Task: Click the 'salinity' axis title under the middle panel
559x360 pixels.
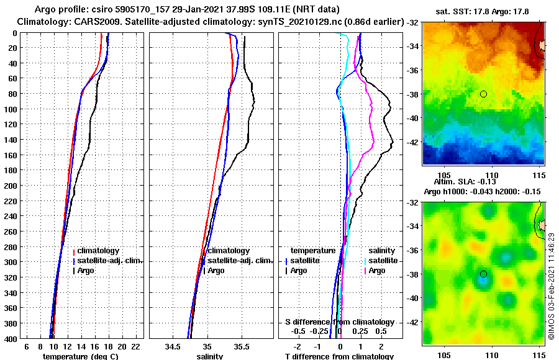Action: pyautogui.click(x=209, y=356)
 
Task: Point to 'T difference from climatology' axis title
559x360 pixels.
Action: pyautogui.click(x=339, y=356)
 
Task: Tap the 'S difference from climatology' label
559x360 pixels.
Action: pyautogui.click(x=339, y=322)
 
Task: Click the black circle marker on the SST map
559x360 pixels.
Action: pyautogui.click(x=483, y=94)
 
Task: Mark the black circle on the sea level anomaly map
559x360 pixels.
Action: pyautogui.click(x=483, y=274)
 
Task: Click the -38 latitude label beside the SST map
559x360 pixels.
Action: pyautogui.click(x=412, y=94)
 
